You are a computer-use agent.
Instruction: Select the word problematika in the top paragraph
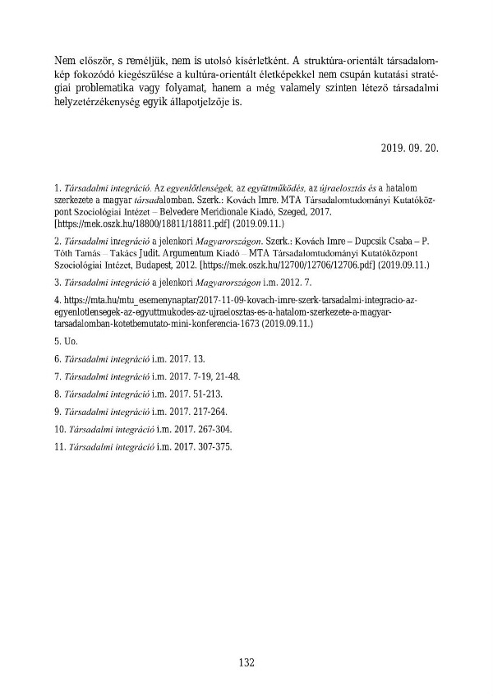[101, 90]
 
